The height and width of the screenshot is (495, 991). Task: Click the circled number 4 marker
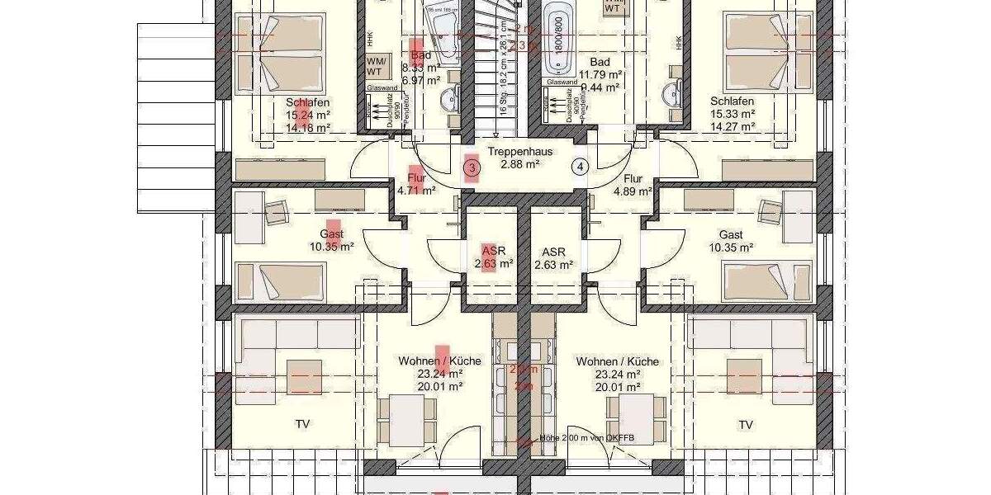[581, 167]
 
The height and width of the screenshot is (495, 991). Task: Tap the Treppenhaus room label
[519, 152]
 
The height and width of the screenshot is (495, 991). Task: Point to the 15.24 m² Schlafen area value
[306, 115]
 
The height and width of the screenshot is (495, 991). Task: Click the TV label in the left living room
[303, 425]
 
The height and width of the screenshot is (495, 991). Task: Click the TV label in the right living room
[746, 425]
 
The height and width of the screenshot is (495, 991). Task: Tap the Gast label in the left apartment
[331, 234]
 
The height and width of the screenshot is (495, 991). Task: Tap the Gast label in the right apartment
[731, 234]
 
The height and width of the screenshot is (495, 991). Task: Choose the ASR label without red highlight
[553, 252]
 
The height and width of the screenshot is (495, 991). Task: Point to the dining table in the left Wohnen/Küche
[408, 418]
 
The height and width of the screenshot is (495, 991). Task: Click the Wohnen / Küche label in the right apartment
[617, 361]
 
